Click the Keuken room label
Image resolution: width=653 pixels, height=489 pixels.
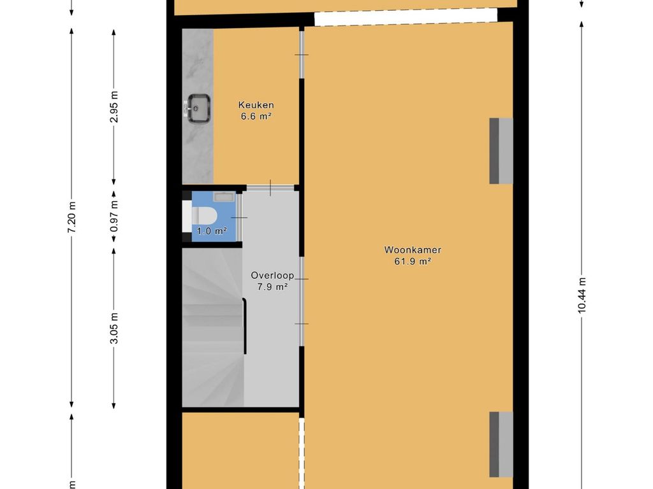tap(256, 105)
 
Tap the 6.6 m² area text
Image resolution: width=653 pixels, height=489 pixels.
tap(256, 117)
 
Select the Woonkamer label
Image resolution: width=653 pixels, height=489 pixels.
tap(413, 250)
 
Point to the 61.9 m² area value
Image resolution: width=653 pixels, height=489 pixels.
tap(413, 262)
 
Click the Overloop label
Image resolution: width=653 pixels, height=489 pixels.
tap(272, 275)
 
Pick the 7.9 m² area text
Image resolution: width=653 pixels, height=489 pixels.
tap(273, 287)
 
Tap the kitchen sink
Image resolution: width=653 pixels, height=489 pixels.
tap(198, 108)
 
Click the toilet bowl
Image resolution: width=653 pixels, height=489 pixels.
tap(204, 215)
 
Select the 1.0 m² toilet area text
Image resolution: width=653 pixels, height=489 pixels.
tap(212, 231)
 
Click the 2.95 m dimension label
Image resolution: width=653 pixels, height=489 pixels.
tap(114, 106)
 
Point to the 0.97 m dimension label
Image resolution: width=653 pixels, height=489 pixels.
tap(114, 216)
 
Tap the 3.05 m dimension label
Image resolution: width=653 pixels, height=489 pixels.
tap(114, 328)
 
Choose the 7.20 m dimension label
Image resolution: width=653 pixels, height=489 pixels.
tap(71, 217)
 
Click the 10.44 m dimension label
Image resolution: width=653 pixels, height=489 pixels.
tap(582, 294)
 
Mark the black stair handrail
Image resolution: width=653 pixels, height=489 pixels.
tap(244, 326)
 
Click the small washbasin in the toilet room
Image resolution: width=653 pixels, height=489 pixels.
tap(224, 196)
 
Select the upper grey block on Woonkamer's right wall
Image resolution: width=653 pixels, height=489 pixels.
tap(501, 151)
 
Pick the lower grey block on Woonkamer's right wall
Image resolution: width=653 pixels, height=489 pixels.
tap(501, 444)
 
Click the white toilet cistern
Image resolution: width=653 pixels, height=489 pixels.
tap(187, 216)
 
